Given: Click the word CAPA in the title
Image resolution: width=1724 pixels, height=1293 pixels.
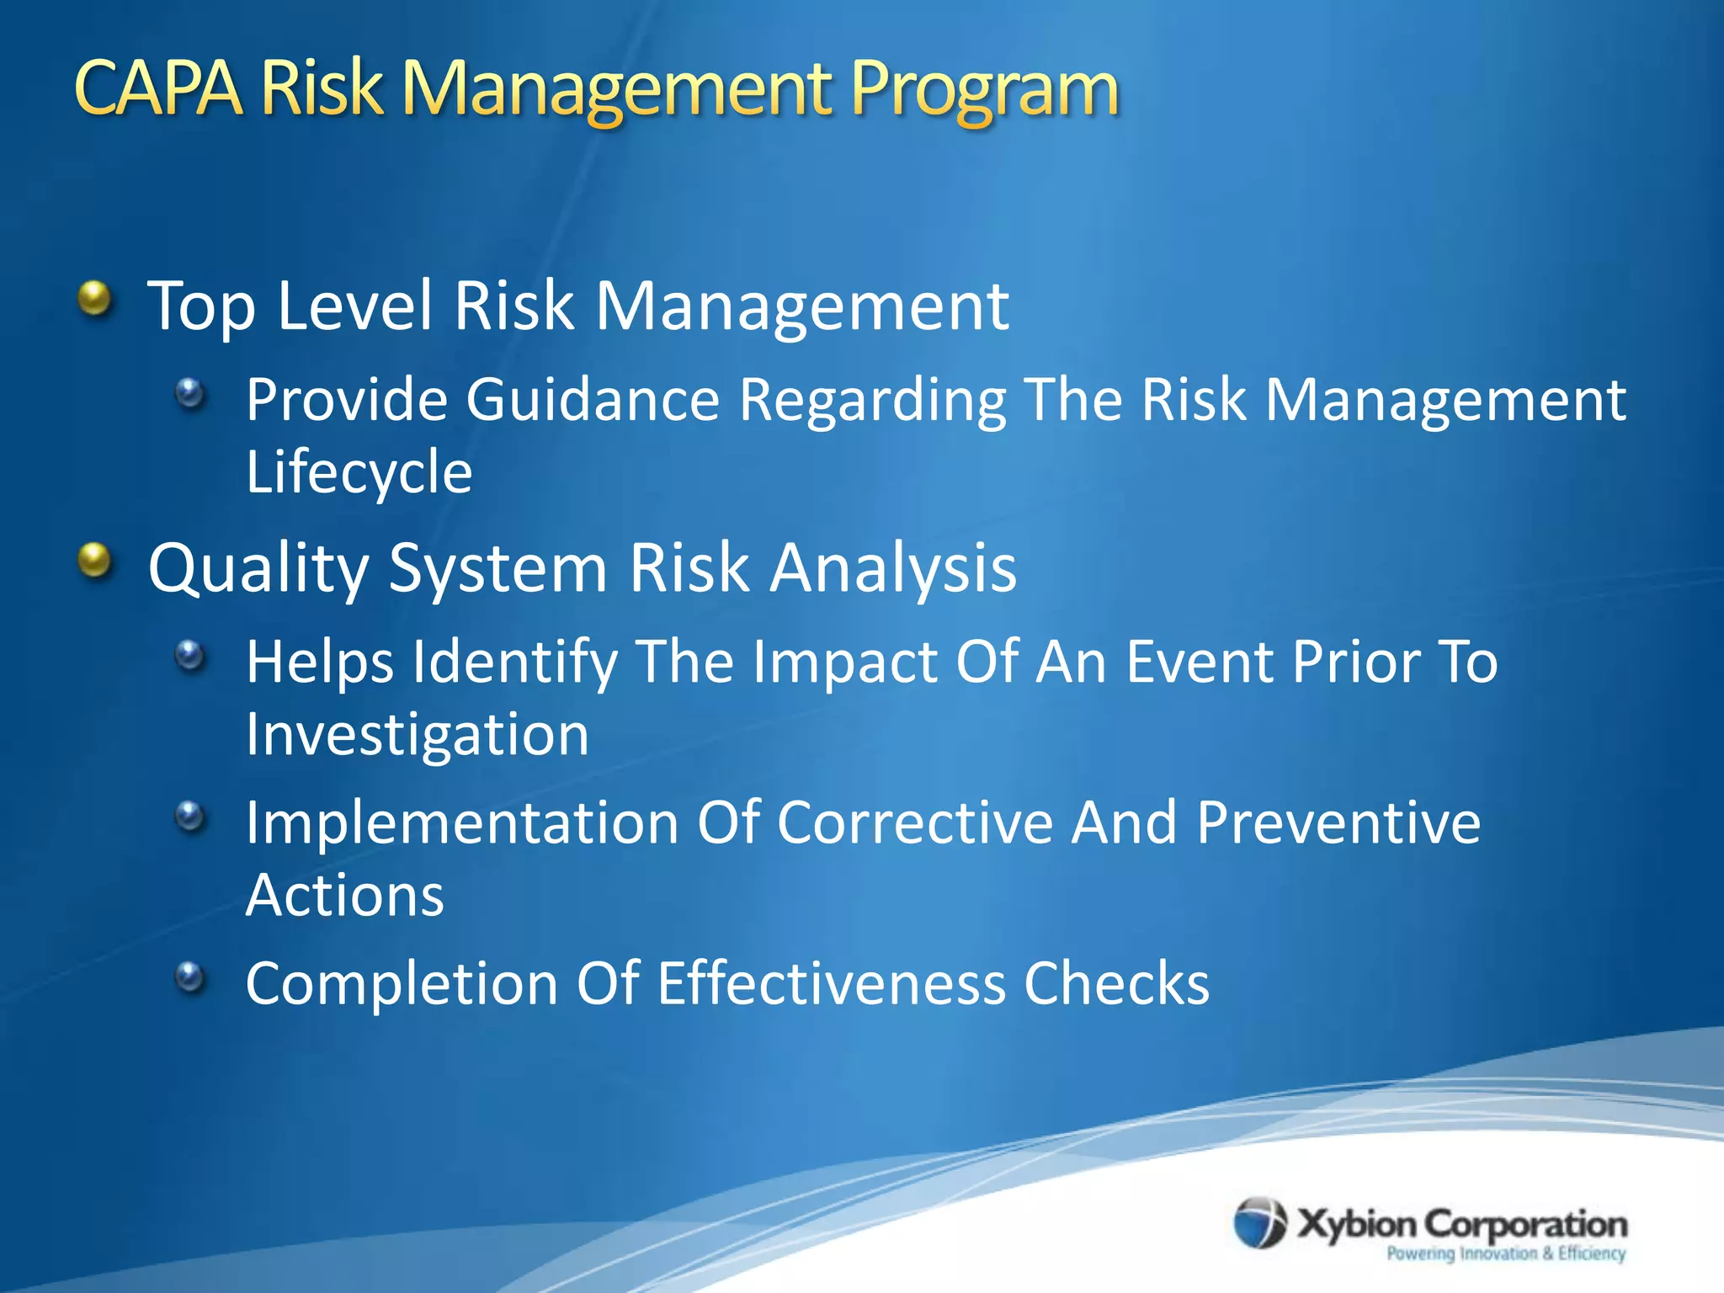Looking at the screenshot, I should point(158,88).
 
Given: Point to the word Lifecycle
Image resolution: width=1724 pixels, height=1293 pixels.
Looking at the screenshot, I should point(359,473).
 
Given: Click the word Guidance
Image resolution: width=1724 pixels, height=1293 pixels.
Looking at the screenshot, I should point(593,399).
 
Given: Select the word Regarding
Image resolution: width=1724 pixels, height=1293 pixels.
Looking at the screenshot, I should point(872,401).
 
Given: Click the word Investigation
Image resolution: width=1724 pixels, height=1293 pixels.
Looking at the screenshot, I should point(418,736).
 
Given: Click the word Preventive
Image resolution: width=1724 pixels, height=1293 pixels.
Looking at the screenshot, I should point(1338,823).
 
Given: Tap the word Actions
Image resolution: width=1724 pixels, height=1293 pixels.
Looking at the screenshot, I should point(344,896).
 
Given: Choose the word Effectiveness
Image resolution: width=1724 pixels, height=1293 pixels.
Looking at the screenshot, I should point(831,983).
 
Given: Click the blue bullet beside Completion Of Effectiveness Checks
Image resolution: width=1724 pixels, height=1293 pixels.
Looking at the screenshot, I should point(190,977).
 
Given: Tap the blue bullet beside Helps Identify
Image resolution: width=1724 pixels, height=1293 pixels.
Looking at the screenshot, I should point(190,655).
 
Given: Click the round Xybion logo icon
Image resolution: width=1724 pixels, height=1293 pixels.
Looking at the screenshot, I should point(1260,1222).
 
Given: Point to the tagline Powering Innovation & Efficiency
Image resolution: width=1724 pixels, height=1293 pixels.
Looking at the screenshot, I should point(1506,1253).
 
